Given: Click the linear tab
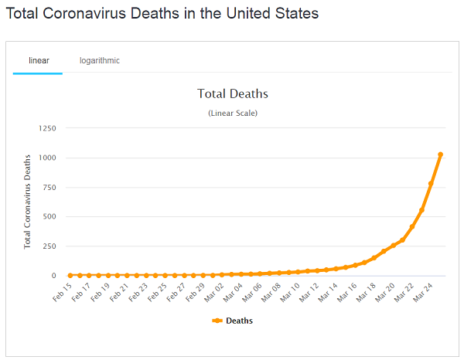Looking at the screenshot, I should click(x=38, y=60).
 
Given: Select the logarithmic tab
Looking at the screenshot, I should click(x=99, y=60).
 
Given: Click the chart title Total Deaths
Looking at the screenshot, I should click(x=233, y=94).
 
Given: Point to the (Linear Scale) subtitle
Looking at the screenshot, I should click(x=233, y=114).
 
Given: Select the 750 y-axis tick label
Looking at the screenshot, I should click(x=49, y=187).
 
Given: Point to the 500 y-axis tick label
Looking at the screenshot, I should click(x=49, y=216).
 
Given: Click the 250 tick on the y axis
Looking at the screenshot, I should click(x=49, y=246).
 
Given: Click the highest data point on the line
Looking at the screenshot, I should click(x=441, y=155).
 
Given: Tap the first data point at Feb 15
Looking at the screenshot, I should click(x=70, y=275).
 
